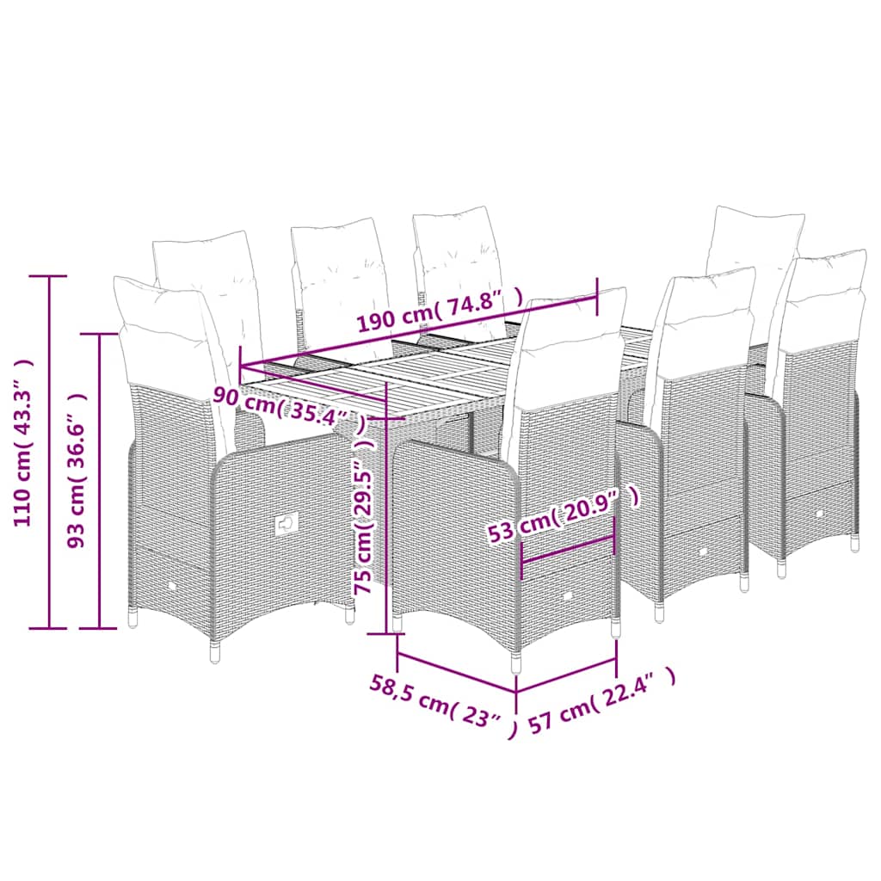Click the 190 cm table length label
click(x=440, y=312)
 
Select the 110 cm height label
click(x=23, y=443)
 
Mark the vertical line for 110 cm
click(x=49, y=452)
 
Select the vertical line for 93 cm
click(x=100, y=481)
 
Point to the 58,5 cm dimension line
click(x=456, y=671)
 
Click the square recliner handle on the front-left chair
click(x=286, y=525)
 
